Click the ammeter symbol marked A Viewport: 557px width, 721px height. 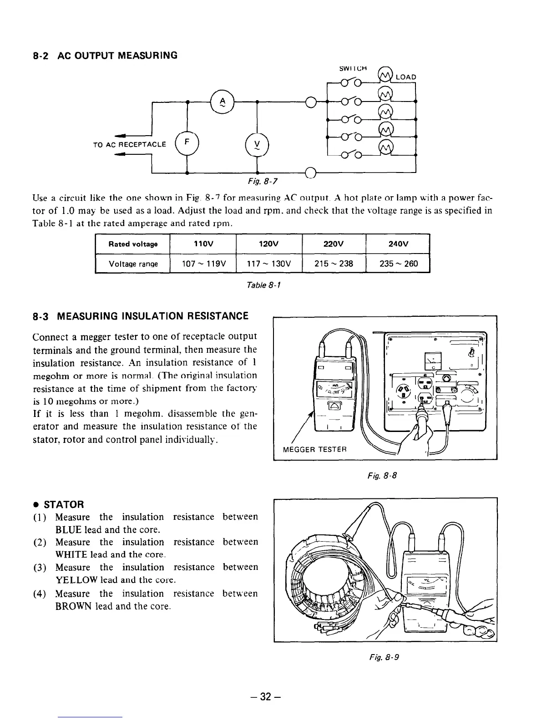(222, 102)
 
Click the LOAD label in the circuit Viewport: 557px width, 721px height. (405, 77)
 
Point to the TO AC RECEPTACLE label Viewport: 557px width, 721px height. (129, 145)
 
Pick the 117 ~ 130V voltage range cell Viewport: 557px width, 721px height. (269, 264)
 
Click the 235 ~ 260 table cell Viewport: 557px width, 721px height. (398, 264)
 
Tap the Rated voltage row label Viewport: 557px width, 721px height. (133, 244)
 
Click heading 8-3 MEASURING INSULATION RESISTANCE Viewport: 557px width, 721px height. (141, 316)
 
